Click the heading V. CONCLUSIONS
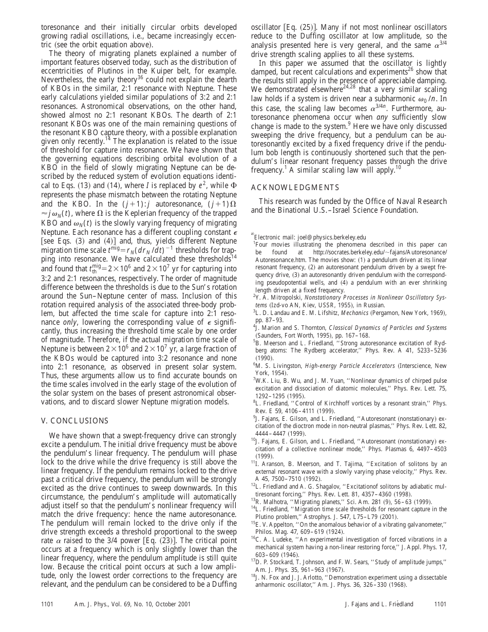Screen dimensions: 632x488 [74, 420]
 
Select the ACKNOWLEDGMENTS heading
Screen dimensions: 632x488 [295, 187]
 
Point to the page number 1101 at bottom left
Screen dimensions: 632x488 [47, 605]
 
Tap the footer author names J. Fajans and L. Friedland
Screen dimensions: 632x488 [379, 605]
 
